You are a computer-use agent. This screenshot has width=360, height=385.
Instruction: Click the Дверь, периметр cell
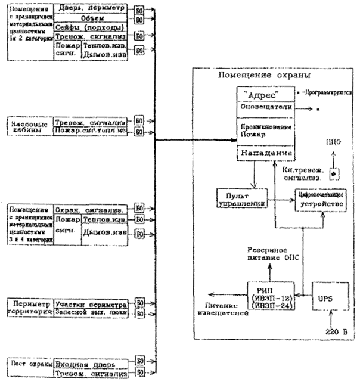coord(92,9)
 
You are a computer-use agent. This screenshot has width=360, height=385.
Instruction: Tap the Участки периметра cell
coord(92,303)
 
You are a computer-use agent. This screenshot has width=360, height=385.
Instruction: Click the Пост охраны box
coord(29,362)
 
